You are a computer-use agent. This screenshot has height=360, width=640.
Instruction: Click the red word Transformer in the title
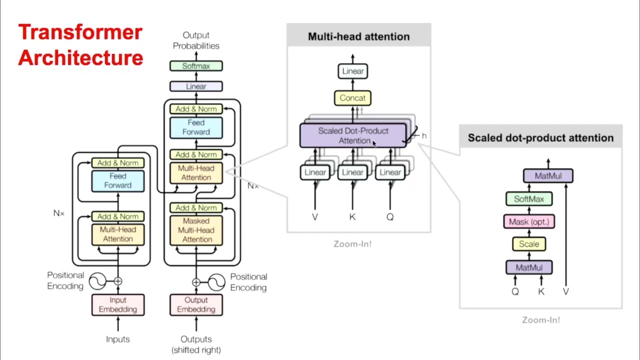click(x=80, y=32)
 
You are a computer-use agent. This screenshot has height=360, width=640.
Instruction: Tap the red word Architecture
click(x=80, y=57)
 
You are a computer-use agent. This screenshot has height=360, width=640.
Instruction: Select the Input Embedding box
click(x=118, y=304)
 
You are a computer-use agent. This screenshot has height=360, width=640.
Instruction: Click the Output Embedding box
click(x=196, y=304)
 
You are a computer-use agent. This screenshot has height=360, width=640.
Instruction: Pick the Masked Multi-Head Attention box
click(x=196, y=230)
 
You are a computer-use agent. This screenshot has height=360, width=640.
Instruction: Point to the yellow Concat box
click(x=352, y=98)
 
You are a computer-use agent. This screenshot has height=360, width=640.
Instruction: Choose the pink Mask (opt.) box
click(x=529, y=221)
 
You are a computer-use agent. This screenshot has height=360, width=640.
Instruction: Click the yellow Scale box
click(x=529, y=244)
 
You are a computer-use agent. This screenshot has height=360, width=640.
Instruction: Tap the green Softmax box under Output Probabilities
click(x=196, y=66)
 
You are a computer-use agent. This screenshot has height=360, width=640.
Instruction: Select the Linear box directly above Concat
click(x=352, y=71)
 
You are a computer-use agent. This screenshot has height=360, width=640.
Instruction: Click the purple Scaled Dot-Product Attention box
click(x=353, y=135)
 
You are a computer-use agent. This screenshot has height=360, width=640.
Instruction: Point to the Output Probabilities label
click(x=196, y=40)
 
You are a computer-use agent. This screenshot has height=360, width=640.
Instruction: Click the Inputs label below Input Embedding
click(x=118, y=339)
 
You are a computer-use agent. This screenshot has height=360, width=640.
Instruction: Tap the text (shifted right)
click(x=196, y=350)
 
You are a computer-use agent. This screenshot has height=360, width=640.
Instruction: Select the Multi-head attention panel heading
click(x=358, y=36)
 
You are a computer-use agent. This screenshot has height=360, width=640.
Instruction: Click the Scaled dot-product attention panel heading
click(x=540, y=138)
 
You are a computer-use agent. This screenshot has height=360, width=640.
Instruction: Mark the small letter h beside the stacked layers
click(x=424, y=136)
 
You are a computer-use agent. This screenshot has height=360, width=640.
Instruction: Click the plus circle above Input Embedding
click(x=118, y=281)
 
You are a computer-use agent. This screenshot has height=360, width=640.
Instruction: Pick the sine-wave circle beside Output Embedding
click(x=216, y=282)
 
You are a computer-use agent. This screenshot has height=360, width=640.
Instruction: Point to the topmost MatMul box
click(x=548, y=176)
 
